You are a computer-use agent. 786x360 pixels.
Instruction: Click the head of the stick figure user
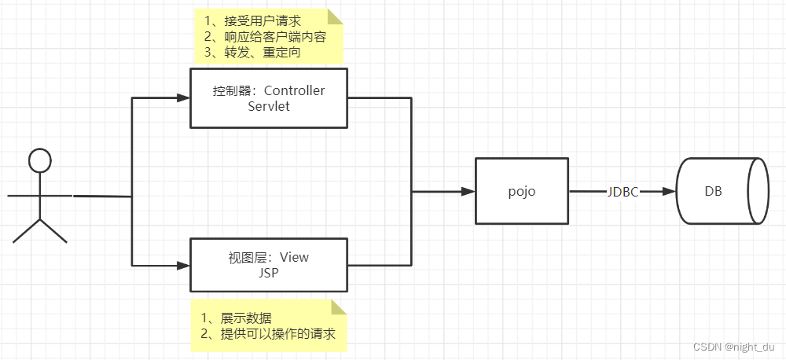tap(39, 160)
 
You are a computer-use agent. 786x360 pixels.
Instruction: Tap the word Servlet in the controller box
tap(269, 105)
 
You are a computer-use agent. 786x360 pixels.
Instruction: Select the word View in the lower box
tap(294, 257)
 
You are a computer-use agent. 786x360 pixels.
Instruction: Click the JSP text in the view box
tap(269, 272)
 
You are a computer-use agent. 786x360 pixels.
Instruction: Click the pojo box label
tap(522, 192)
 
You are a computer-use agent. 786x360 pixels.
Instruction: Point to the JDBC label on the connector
tap(623, 192)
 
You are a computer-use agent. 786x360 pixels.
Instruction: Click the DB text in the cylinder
tap(714, 192)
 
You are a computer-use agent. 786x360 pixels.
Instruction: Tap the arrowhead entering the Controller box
tap(184, 98)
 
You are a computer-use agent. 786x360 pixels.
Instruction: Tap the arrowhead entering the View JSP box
tap(184, 265)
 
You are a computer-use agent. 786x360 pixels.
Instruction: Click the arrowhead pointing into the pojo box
tap(468, 192)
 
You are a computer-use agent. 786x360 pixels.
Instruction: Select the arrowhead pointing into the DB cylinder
tap(670, 192)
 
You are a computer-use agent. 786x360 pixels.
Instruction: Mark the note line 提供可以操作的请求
tap(267, 334)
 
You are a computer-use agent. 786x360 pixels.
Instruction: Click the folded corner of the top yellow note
tap(337, 16)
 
